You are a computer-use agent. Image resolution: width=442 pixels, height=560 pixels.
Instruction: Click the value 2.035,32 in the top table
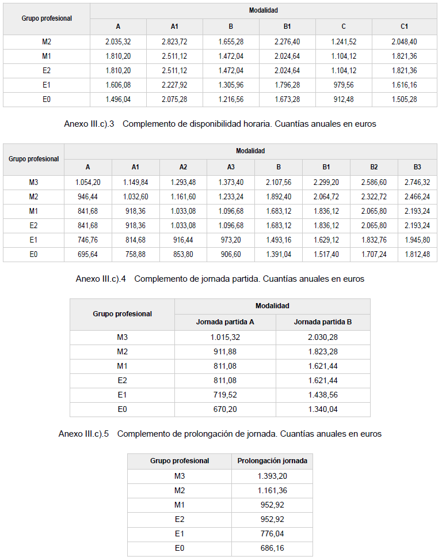(118, 41)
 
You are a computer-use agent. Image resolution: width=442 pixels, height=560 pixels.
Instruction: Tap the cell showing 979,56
(344, 85)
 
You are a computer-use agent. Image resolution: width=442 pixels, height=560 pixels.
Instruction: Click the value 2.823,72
(174, 41)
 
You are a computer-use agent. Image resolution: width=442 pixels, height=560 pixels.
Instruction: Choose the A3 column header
(231, 167)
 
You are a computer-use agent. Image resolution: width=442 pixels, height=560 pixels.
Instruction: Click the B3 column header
(417, 167)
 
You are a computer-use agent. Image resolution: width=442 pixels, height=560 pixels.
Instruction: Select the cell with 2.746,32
(417, 182)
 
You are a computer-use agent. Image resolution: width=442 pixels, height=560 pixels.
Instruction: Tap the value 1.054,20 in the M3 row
(88, 182)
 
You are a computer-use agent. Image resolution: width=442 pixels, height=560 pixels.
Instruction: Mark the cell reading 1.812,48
(417, 254)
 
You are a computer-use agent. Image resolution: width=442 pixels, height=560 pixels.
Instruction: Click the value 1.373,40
(231, 182)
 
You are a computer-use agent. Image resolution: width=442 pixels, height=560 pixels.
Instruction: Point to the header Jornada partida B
(323, 322)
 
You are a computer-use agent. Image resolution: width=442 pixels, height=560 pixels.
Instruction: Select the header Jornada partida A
(225, 322)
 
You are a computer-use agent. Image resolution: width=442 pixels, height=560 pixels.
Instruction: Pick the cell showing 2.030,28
(323, 337)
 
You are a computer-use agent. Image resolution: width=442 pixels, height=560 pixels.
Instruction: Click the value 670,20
(225, 409)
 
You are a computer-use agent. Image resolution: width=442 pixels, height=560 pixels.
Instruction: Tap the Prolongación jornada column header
(272, 461)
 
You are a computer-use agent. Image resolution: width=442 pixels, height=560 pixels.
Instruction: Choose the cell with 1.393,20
(272, 476)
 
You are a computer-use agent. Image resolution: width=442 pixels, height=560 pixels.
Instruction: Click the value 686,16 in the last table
(272, 548)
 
